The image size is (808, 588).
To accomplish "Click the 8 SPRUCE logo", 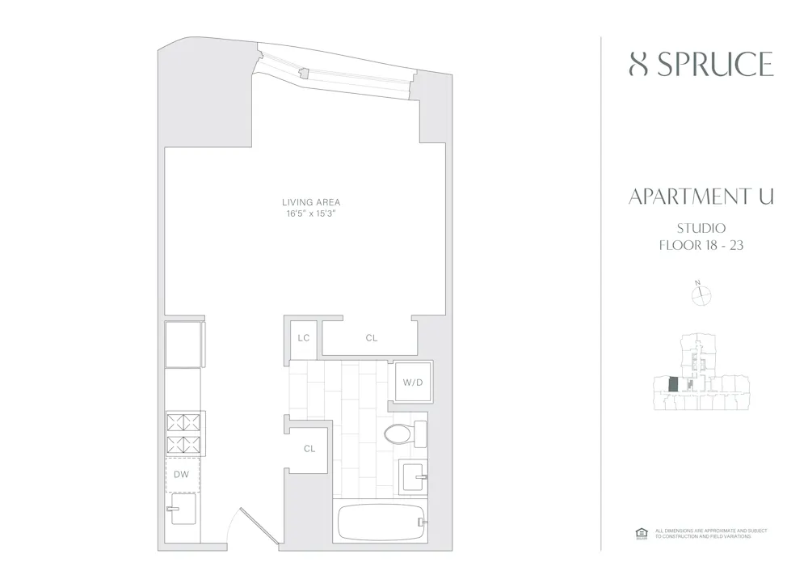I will (x=701, y=65).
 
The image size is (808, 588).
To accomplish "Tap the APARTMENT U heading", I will (x=701, y=197).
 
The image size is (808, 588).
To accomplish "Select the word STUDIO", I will (x=701, y=228).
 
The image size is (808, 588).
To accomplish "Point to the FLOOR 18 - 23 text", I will (x=701, y=245).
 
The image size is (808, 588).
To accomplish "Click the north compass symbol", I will (x=700, y=295).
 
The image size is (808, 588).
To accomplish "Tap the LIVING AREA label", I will (x=311, y=202).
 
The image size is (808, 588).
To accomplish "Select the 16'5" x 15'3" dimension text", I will (x=311, y=214).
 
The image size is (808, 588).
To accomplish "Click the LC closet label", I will (x=304, y=338).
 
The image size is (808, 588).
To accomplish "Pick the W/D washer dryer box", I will (x=411, y=382).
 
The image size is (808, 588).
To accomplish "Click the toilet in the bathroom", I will (x=404, y=434).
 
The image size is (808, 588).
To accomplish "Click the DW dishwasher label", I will (x=181, y=475).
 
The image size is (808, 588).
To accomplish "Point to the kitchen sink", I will (x=181, y=510).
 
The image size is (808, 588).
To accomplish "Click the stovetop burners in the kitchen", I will (x=183, y=434).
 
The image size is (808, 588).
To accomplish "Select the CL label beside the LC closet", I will (x=371, y=338).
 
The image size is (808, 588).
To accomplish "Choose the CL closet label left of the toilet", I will (x=309, y=449).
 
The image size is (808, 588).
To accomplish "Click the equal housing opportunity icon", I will (x=642, y=533).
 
